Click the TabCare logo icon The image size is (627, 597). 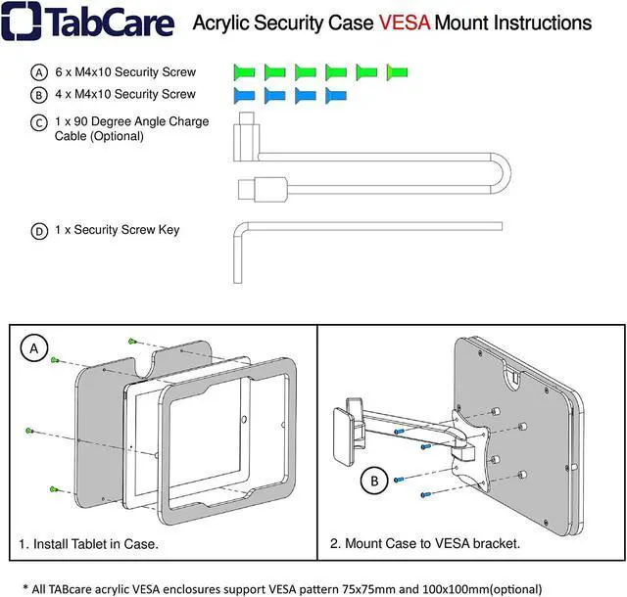[x=20, y=22]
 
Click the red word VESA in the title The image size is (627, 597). [x=399, y=23]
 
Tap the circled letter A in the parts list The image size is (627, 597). [x=39, y=72]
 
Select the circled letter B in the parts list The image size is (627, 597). [x=39, y=95]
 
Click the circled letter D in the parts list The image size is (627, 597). [x=39, y=232]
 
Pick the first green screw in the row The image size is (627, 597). [x=244, y=72]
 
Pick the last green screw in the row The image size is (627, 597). [x=397, y=72]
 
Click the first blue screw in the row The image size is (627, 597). [x=244, y=95]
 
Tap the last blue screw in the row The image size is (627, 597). [x=335, y=95]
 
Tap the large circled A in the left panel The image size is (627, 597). [x=35, y=348]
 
